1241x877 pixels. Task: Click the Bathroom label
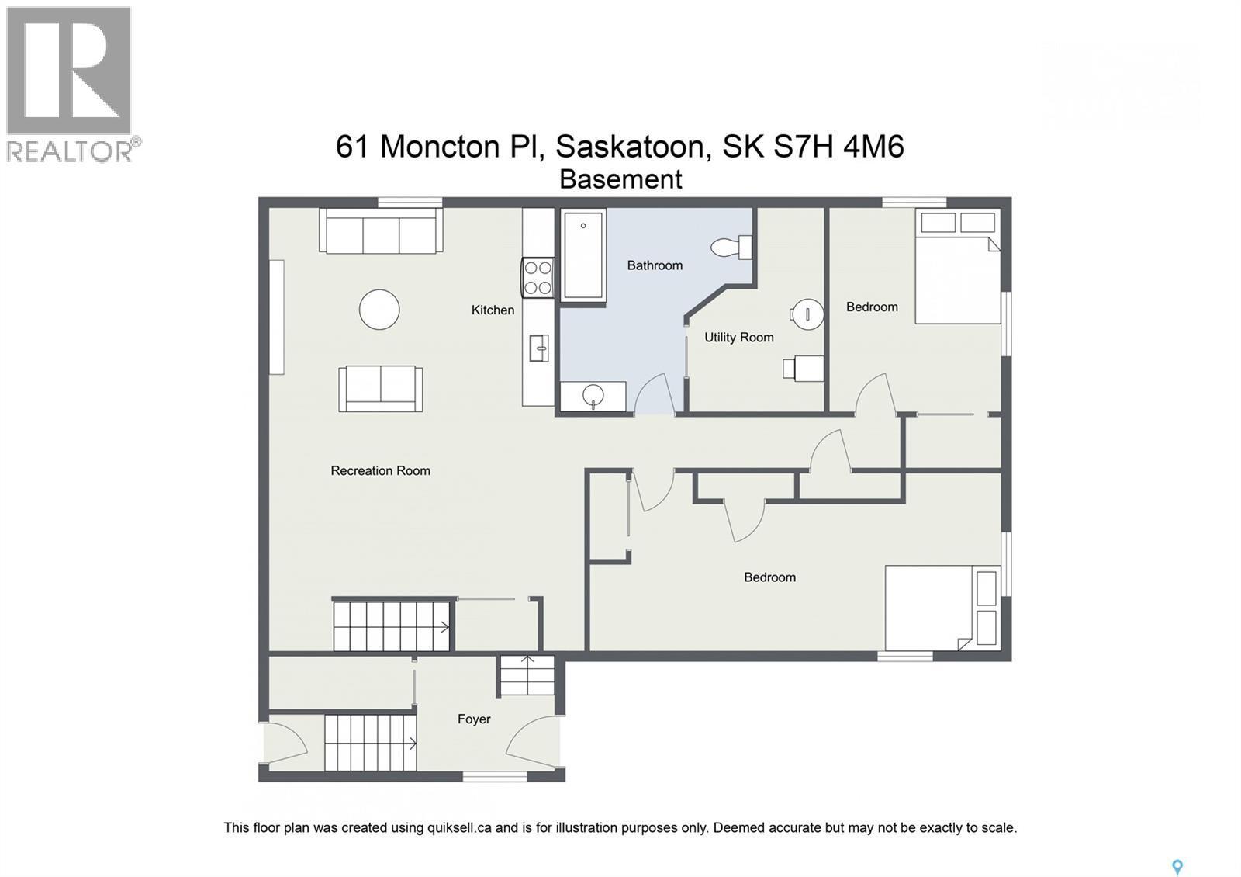655,265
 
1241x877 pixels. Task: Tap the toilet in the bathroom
731,248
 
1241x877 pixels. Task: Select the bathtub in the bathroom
582,255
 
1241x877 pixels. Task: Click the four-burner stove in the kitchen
538,278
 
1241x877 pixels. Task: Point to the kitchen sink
538,348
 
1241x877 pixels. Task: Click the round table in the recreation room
379,309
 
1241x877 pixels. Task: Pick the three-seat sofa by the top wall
381,231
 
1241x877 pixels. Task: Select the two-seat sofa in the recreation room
381,388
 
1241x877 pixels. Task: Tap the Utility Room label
738,338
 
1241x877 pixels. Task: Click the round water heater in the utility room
807,314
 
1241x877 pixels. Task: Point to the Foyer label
474,719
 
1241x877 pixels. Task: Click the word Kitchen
493,310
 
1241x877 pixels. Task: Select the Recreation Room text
380,470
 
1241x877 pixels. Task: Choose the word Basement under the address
620,179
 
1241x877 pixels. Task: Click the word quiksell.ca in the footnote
459,827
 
